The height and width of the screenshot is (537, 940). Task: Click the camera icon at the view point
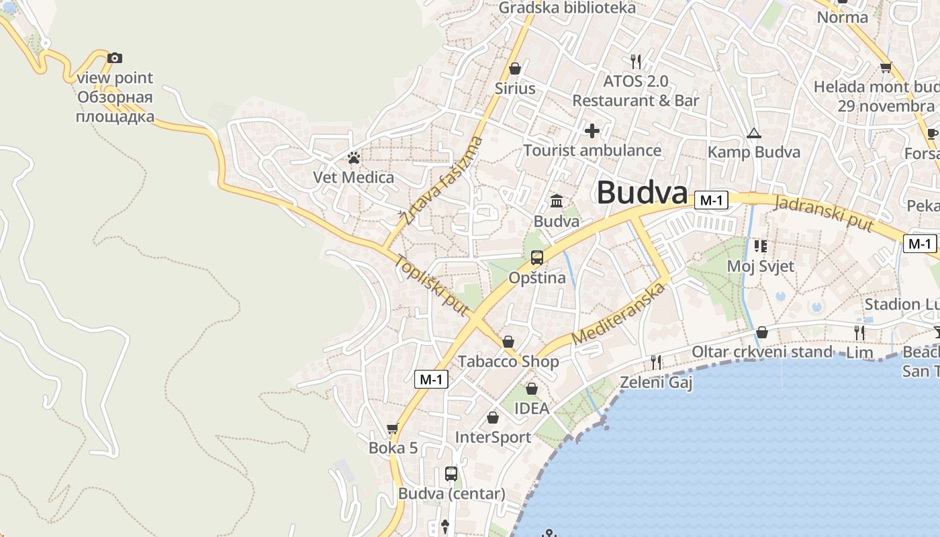tap(115, 58)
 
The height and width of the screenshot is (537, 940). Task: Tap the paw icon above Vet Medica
tap(354, 158)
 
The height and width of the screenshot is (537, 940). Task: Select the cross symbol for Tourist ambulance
tap(592, 130)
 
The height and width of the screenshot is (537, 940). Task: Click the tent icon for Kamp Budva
tap(753, 134)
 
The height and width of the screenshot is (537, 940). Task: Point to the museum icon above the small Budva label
tap(557, 201)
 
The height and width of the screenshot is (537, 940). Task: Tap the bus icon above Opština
tap(536, 258)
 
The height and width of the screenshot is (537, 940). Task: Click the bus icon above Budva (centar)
tap(451, 474)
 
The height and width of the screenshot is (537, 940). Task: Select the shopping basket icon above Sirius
tap(515, 68)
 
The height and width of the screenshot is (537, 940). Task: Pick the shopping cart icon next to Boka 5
tap(393, 428)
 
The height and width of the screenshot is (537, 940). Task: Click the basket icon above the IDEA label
tap(531, 389)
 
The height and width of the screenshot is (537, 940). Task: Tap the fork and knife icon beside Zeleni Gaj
tap(656, 362)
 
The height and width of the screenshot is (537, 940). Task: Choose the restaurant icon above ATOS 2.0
tap(636, 62)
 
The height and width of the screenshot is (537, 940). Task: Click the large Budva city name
tap(642, 193)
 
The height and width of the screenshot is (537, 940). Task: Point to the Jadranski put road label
tap(824, 213)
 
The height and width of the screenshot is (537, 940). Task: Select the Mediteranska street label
tap(619, 313)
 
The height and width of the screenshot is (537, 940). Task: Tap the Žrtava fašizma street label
tap(440, 180)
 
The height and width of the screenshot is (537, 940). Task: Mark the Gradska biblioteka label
tap(567, 8)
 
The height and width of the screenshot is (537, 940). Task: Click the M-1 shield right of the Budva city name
tap(711, 200)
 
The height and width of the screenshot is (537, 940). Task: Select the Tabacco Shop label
tap(508, 362)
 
